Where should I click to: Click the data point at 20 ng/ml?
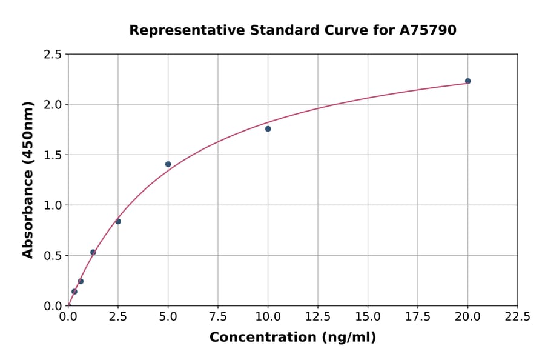pyautogui.click(x=467, y=81)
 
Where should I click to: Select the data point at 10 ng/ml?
pyautogui.click(x=268, y=128)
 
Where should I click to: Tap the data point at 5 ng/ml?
pyautogui.click(x=168, y=164)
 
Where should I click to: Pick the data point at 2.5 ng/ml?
pyautogui.click(x=118, y=221)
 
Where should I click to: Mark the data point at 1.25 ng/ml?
pyautogui.click(x=93, y=252)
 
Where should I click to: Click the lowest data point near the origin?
pyautogui.click(x=74, y=292)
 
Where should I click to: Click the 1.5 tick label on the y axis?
pyautogui.click(x=53, y=155)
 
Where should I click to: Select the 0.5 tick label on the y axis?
pyautogui.click(x=53, y=256)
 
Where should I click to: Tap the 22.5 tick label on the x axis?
pyautogui.click(x=517, y=317)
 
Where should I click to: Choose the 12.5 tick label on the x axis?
pyautogui.click(x=317, y=317)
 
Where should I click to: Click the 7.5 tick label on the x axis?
pyautogui.click(x=218, y=317)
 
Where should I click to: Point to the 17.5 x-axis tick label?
pyautogui.click(x=417, y=317)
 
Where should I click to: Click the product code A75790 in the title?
pyautogui.click(x=428, y=30)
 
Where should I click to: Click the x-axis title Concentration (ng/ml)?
pyautogui.click(x=292, y=338)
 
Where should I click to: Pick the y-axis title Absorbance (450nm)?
pyautogui.click(x=28, y=180)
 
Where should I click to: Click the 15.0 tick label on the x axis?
pyautogui.click(x=368, y=317)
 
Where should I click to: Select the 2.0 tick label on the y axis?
pyautogui.click(x=53, y=105)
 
